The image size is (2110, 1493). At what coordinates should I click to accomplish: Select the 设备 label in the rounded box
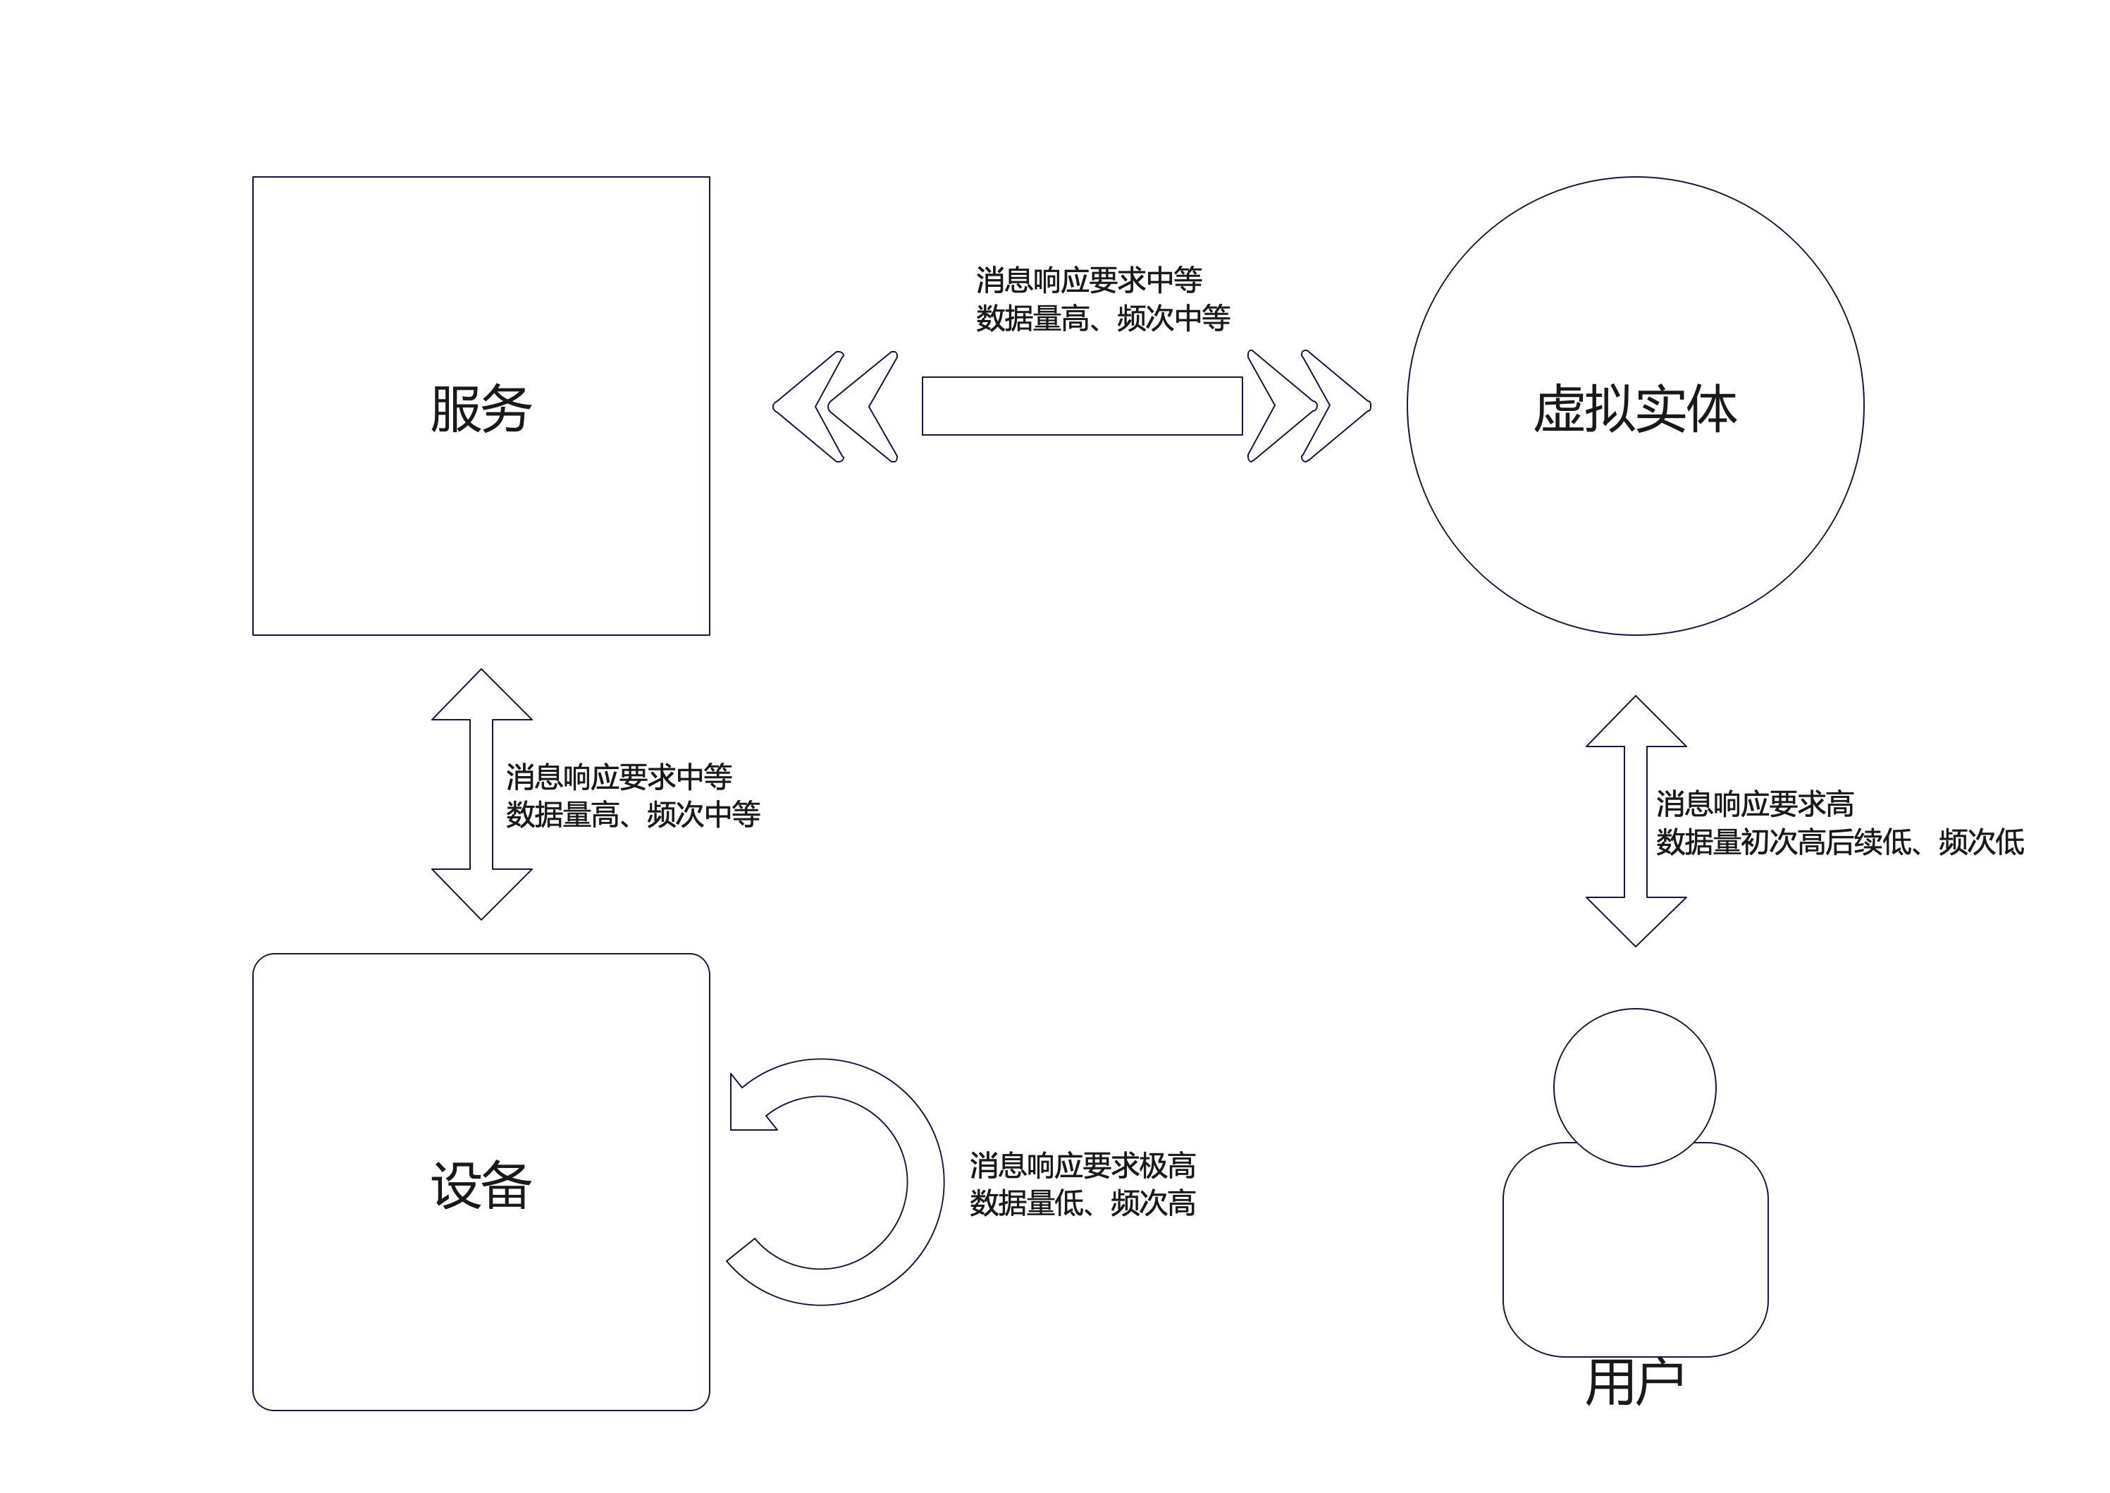[x=481, y=1185]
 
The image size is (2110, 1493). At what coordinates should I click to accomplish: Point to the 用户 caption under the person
[x=1635, y=1382]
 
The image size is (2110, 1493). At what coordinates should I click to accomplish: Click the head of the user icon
[x=1635, y=1087]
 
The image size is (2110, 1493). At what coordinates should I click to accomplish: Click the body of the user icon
[x=1635, y=1260]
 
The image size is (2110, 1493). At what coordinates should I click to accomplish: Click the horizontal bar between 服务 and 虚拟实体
[x=1082, y=405]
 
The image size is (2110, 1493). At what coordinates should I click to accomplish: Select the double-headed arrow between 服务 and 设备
[x=481, y=794]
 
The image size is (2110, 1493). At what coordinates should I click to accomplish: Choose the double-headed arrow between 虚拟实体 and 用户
[x=1636, y=821]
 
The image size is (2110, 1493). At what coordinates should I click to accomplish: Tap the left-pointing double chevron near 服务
[x=834, y=405]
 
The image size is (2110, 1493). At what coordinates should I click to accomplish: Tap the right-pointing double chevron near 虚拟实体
[x=1309, y=405]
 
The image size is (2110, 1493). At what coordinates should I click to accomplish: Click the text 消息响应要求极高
[x=1082, y=1166]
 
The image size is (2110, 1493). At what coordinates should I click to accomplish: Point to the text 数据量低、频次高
[x=1082, y=1203]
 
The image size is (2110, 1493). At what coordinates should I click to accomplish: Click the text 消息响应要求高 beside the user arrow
[x=1754, y=804]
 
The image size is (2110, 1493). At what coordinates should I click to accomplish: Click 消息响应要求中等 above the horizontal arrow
[x=1089, y=279]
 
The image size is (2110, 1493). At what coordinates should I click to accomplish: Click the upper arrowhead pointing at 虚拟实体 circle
[x=1636, y=723]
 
